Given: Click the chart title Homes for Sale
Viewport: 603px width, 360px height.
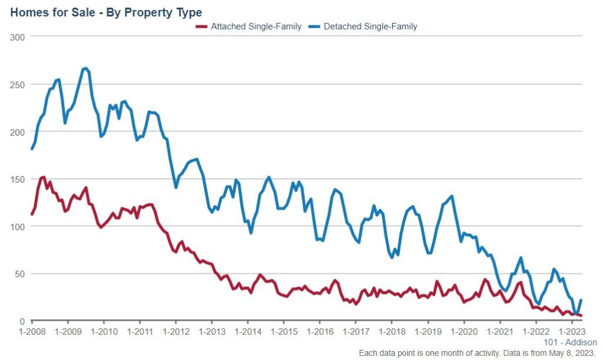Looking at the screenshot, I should (x=106, y=12).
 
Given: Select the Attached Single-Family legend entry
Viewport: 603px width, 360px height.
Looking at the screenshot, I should (x=256, y=26).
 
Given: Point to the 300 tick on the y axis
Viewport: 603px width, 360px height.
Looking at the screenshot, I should (x=19, y=37).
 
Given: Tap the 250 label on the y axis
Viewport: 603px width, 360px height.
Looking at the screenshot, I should (x=19, y=84).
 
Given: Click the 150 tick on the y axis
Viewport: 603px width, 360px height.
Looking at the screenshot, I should (x=19, y=179).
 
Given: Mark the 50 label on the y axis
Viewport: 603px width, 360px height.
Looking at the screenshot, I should (x=21, y=274).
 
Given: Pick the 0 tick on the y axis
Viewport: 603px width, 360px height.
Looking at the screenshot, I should (x=24, y=321).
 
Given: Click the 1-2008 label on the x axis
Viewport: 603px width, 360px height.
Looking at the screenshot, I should (x=32, y=332).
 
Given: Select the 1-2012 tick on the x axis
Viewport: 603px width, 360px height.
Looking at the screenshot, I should (x=175, y=332).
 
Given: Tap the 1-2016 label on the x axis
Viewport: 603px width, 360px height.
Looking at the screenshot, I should (x=319, y=332).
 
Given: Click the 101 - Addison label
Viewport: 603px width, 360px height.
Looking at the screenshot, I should (x=569, y=342).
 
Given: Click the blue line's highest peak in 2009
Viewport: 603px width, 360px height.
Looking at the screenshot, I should (x=85, y=68).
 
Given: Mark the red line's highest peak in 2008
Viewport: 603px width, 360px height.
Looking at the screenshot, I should (x=43, y=177).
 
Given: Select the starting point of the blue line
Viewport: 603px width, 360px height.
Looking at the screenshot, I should (x=32, y=149).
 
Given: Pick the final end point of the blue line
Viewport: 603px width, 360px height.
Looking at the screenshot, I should (x=582, y=300).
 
